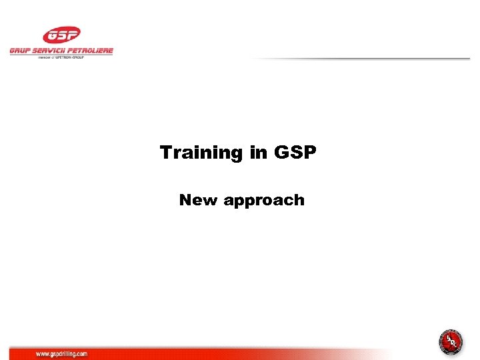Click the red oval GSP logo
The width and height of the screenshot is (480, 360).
coord(61,35)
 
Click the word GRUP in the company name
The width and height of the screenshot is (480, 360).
coord(20,51)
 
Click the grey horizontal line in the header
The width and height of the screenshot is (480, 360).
coord(360,59)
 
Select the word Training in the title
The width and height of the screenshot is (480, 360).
coord(202,153)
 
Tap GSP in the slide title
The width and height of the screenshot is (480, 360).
coord(295,153)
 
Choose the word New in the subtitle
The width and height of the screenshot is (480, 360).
coord(198,200)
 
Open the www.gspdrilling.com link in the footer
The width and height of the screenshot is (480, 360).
coord(61,353)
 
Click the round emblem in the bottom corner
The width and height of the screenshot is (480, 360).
coord(451,343)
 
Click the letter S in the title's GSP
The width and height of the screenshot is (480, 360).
coord(295,153)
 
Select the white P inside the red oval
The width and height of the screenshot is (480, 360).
coord(71,35)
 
